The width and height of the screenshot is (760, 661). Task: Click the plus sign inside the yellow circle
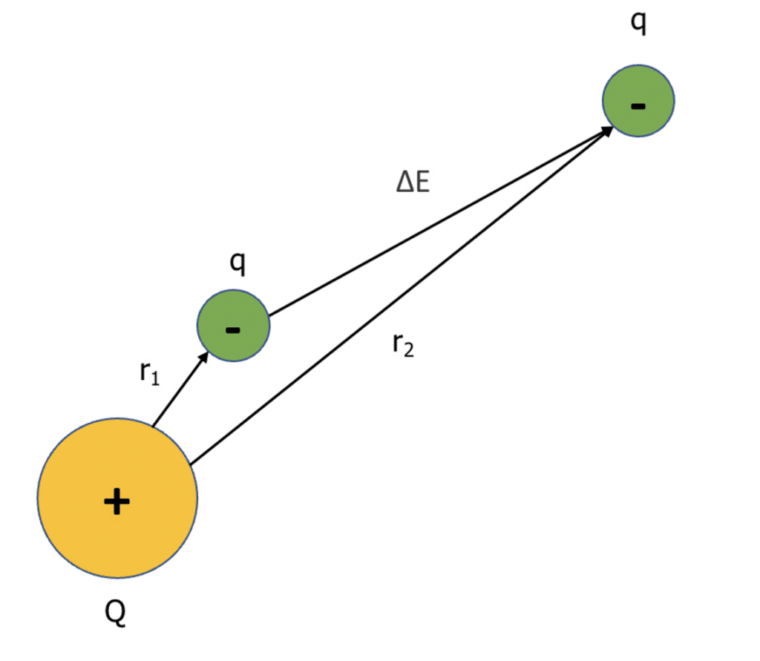[117, 502]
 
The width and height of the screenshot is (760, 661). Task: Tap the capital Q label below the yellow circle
[116, 614]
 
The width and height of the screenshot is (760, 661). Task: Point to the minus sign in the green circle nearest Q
[233, 329]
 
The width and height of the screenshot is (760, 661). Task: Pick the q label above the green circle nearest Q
[238, 263]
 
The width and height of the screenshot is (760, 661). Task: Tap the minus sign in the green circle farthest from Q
[638, 105]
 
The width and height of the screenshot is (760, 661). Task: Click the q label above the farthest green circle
[638, 23]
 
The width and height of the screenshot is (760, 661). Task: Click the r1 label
[149, 374]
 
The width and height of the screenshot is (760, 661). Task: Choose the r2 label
[403, 345]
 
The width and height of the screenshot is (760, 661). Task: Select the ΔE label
[413, 183]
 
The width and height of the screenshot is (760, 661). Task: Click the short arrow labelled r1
[178, 391]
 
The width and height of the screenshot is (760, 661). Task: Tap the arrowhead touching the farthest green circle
[606, 131]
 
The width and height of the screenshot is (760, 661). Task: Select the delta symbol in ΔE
[404, 183]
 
